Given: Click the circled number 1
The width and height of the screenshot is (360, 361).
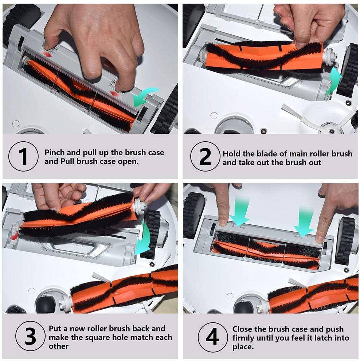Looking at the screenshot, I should coord(23,157).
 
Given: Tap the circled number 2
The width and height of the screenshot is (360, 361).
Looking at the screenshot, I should coord(205,157).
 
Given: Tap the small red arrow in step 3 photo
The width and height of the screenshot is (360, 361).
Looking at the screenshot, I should coord(13,236).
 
